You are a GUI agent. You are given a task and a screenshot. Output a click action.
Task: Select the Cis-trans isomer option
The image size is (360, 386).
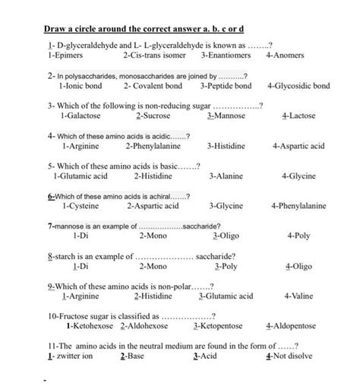pyautogui.click(x=153, y=56)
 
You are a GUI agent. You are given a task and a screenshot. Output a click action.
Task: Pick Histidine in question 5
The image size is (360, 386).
pyautogui.click(x=156, y=176)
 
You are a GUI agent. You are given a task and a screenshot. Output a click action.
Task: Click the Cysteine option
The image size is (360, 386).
pyautogui.click(x=86, y=205)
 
